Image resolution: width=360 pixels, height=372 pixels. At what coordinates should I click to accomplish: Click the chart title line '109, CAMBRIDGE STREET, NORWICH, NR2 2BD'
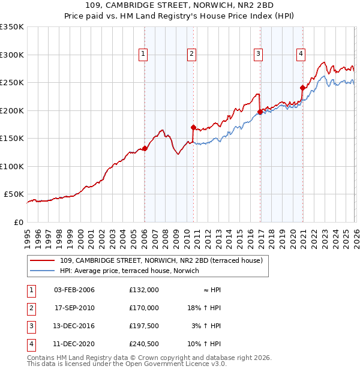[180, 6]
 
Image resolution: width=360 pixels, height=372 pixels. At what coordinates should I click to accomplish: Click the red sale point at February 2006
[145, 148]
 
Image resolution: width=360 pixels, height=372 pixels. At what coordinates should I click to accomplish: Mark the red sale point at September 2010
[193, 127]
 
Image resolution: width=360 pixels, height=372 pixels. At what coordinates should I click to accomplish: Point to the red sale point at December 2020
[302, 88]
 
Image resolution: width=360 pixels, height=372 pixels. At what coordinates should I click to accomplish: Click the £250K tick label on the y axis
[12, 83]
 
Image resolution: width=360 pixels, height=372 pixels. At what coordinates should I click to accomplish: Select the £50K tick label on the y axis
[14, 194]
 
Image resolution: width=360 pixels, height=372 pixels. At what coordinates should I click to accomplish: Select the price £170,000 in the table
[144, 308]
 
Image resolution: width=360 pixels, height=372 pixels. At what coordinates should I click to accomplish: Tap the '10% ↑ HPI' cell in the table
[204, 344]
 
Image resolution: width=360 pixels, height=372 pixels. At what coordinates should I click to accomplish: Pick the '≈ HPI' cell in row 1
[211, 290]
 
